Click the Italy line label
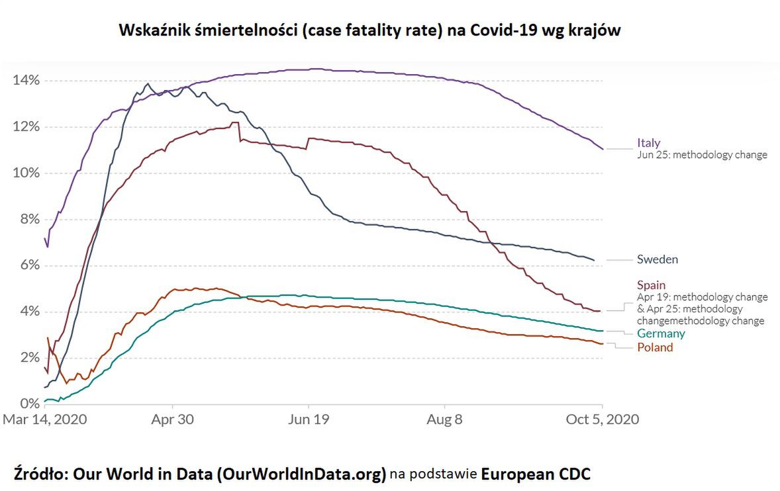(648, 143)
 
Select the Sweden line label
(658, 259)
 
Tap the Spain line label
(652, 285)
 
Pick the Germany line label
(661, 334)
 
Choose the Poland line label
(655, 347)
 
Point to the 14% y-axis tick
(26, 81)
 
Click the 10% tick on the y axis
(26, 173)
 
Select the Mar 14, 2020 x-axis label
(45, 420)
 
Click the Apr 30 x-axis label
(173, 420)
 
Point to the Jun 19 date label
(309, 420)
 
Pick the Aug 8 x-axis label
(445, 420)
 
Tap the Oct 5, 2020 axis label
(602, 420)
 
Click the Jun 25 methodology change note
(702, 155)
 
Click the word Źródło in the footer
(41, 474)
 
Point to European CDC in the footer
(536, 474)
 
